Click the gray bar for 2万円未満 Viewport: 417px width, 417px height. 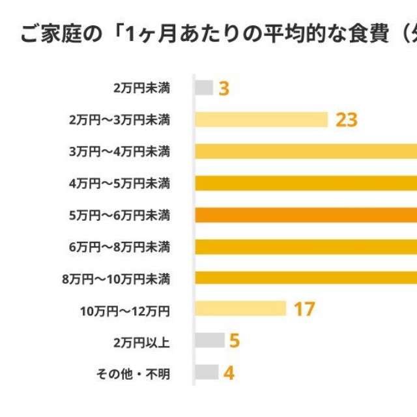tap(204, 87)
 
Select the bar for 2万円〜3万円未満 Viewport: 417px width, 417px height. tap(261, 119)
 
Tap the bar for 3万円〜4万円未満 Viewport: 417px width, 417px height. tap(306, 151)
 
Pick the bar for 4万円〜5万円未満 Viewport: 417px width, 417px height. tap(306, 183)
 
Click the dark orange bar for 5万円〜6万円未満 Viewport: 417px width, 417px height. tap(306, 214)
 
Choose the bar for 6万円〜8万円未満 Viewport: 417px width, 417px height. tap(306, 246)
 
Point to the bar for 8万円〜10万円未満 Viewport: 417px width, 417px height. tap(306, 278)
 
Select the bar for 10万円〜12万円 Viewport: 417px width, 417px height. tap(240, 308)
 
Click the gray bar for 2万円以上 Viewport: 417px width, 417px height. tap(210, 340)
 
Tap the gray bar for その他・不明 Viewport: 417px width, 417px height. tap(207, 372)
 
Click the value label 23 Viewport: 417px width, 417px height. tap(347, 120)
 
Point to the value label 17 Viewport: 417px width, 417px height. tap(304, 309)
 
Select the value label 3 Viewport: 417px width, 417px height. tap(223, 88)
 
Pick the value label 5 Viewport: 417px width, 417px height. tap(235, 341)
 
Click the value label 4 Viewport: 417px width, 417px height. tap(229, 373)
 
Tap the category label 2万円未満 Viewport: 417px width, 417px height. tap(141, 88)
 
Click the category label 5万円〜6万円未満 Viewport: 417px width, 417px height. tap(119, 215)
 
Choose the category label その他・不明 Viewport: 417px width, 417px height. tap(133, 373)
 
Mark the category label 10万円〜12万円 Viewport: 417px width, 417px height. tap(125, 310)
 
